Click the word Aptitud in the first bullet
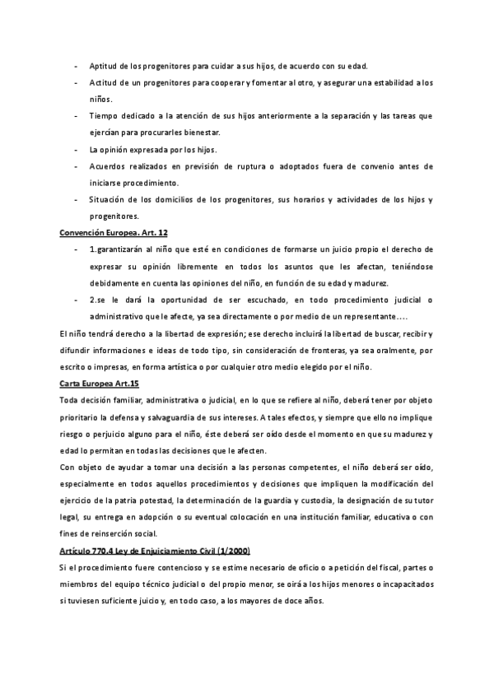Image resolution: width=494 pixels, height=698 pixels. click(x=105, y=66)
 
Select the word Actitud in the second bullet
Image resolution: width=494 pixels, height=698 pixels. click(x=104, y=83)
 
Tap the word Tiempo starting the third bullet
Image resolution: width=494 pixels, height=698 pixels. click(x=105, y=116)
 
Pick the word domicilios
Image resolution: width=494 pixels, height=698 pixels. click(x=178, y=200)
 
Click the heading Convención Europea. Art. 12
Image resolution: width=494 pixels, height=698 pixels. click(x=114, y=233)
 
